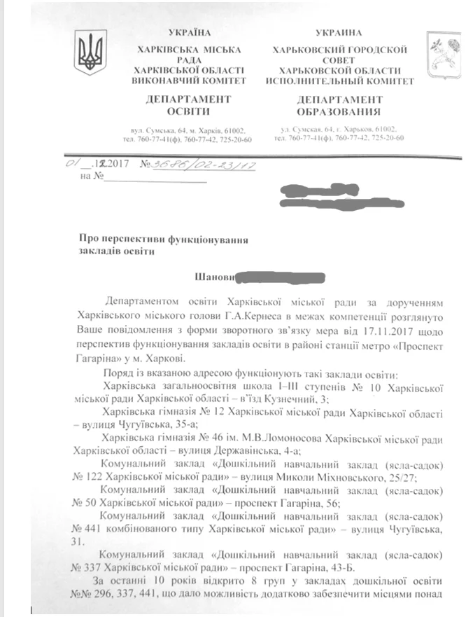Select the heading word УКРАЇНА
tap(190, 33)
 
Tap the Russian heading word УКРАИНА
tap(338, 33)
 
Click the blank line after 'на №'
tap(155, 180)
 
